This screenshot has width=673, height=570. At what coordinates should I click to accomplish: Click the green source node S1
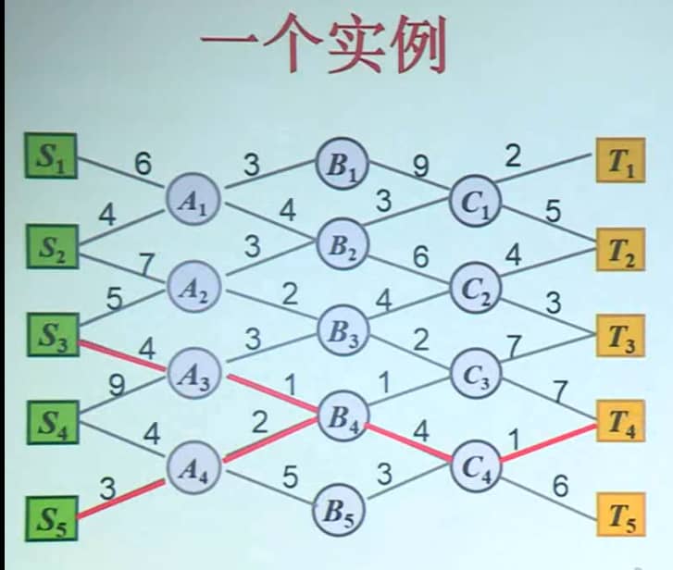[x=51, y=156]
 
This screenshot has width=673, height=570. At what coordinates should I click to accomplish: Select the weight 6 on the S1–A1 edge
[x=143, y=164]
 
